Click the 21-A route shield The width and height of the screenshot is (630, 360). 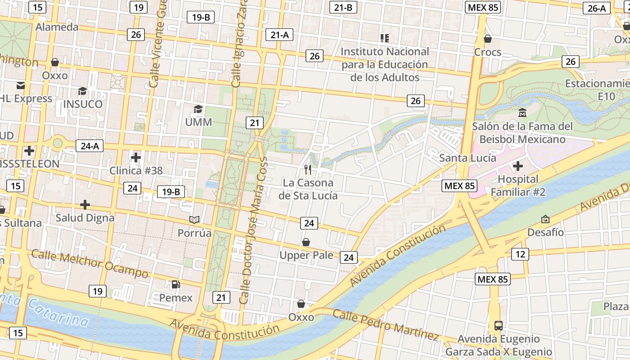click(x=279, y=35)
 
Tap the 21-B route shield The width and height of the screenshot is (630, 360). click(x=343, y=7)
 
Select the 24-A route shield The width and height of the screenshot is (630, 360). click(x=90, y=146)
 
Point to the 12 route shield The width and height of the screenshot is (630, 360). click(x=520, y=254)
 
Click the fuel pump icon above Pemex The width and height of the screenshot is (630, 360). click(x=176, y=284)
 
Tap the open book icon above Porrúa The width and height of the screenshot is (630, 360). click(x=194, y=220)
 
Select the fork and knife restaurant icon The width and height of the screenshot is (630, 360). click(x=308, y=170)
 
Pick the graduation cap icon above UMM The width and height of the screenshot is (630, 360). click(x=198, y=109)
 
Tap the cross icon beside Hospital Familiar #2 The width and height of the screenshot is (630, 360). click(x=518, y=166)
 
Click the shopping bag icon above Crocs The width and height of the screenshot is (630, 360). click(x=487, y=39)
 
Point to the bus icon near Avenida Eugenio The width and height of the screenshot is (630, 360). click(x=498, y=325)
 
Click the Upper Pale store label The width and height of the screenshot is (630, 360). click(x=306, y=256)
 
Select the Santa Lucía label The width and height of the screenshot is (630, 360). click(x=468, y=158)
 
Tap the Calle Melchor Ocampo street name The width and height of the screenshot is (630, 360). click(x=90, y=264)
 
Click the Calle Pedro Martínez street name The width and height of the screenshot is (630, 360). click(x=386, y=324)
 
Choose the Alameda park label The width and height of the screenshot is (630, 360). click(x=57, y=27)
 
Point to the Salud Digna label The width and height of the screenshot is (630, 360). click(x=85, y=218)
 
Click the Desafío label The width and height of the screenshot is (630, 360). click(x=545, y=232)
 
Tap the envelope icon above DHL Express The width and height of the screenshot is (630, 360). click(x=21, y=85)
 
